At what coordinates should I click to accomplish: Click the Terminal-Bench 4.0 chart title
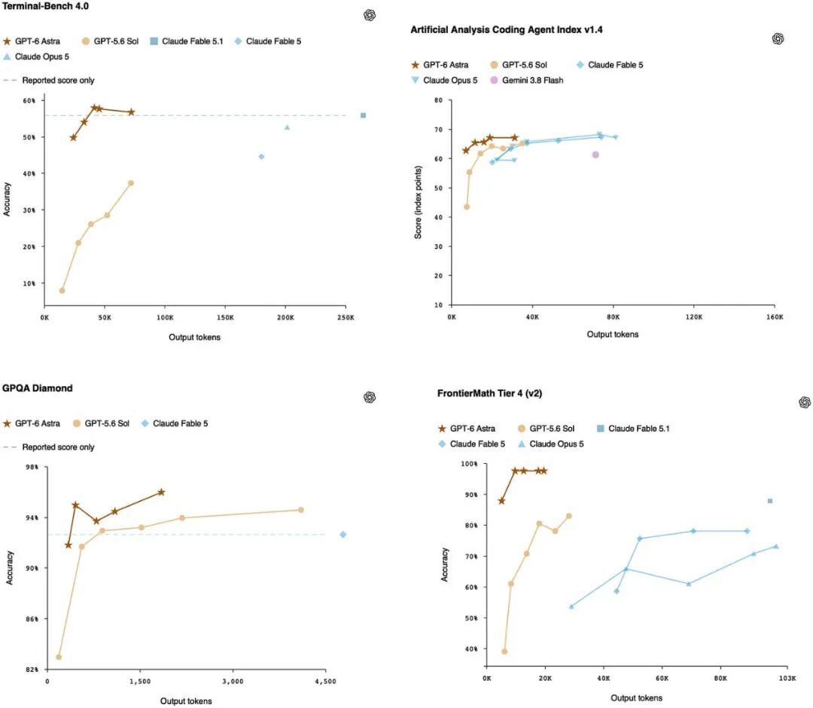[x=46, y=6]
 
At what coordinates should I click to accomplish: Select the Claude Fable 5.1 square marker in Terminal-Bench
[x=363, y=115]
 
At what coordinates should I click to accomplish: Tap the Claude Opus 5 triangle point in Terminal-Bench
[x=287, y=127]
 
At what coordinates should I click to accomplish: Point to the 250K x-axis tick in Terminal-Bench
[x=346, y=317]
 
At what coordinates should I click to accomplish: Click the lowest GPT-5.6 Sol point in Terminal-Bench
[x=62, y=291]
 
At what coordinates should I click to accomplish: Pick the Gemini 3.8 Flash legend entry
[x=526, y=81]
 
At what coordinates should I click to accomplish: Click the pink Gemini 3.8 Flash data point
[x=595, y=154]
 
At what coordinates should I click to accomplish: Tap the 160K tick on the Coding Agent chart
[x=775, y=317]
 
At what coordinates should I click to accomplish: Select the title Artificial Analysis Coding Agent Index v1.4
[x=507, y=29]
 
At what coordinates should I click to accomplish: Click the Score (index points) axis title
[x=418, y=203]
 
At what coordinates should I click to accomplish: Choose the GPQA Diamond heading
[x=38, y=388]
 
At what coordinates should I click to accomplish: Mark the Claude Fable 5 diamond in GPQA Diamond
[x=343, y=534]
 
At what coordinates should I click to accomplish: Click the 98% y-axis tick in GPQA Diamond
[x=32, y=467]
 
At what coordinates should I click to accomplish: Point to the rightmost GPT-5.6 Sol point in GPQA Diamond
[x=300, y=510]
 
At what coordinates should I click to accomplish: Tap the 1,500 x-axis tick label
[x=140, y=682]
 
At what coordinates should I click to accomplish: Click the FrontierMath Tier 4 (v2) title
[x=489, y=393]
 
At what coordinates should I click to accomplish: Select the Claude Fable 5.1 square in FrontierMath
[x=770, y=501]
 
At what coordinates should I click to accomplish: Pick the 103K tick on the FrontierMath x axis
[x=787, y=678]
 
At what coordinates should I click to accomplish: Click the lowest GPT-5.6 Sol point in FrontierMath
[x=504, y=652]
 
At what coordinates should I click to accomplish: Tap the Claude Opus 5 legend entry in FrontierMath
[x=550, y=444]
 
